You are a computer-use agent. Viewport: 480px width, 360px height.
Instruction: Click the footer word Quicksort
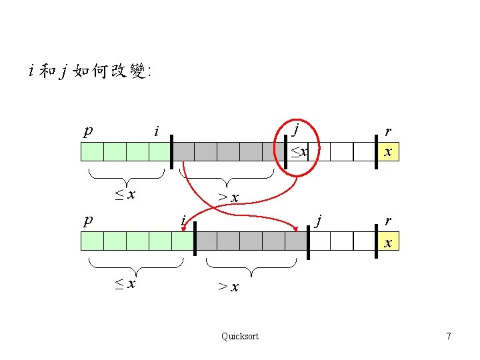click(239, 336)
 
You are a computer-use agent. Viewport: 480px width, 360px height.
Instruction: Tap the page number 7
click(449, 336)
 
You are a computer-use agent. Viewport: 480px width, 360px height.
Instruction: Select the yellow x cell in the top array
click(387, 152)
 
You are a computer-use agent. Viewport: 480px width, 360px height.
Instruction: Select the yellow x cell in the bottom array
click(387, 241)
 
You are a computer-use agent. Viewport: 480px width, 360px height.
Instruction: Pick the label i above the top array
click(156, 131)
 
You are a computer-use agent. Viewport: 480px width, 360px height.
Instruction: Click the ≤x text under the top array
click(125, 195)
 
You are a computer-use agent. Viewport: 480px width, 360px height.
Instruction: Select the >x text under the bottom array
click(229, 287)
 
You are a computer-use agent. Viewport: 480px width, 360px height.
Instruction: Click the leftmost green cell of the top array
click(92, 152)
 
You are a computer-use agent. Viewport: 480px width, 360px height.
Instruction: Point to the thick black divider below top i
click(171, 152)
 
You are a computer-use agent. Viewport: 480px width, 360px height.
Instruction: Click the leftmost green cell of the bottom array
click(92, 241)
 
